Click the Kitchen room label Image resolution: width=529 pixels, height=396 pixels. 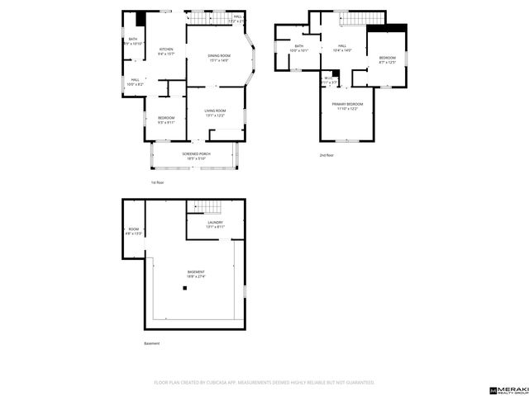point(166,51)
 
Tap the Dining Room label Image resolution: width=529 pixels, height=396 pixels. point(219,58)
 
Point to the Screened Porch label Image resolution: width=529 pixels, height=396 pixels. point(194,155)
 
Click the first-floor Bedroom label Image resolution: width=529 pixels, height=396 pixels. point(166,120)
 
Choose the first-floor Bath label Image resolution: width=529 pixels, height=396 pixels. point(132,40)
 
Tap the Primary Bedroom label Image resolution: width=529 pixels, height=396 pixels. point(347,106)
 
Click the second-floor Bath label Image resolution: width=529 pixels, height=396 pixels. point(298,48)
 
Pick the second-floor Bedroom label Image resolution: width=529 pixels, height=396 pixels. point(388,59)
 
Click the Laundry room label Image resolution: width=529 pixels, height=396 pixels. point(215,224)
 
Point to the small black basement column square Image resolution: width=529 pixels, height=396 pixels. point(186,288)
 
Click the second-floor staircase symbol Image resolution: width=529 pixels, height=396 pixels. point(363,19)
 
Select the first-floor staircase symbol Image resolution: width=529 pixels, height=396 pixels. point(207,17)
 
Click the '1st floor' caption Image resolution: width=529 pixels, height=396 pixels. point(157,181)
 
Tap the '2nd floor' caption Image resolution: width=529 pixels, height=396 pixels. point(326,155)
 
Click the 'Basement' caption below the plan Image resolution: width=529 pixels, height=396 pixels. point(152,343)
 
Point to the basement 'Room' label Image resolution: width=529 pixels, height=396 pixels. point(134,231)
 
